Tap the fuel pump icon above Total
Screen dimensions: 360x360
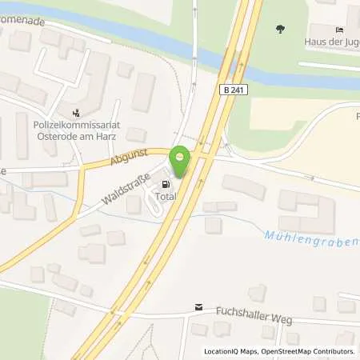[166, 183]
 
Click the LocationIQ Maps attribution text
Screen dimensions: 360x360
[232, 351]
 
